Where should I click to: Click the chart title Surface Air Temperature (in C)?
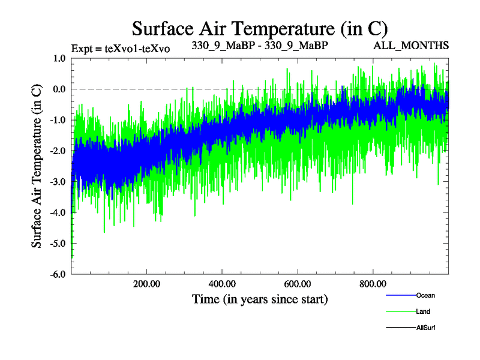point(260,28)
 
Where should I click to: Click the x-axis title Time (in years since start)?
point(260,299)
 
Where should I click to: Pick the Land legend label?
point(423,311)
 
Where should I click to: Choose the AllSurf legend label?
point(426,328)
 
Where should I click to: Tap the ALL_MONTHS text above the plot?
point(412,46)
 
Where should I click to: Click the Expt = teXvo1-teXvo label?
point(120,49)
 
